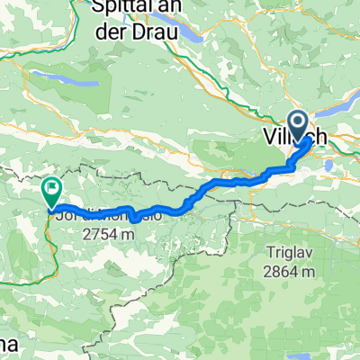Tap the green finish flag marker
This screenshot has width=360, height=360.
pos(51,191)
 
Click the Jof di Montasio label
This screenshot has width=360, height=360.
pos(108,216)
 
